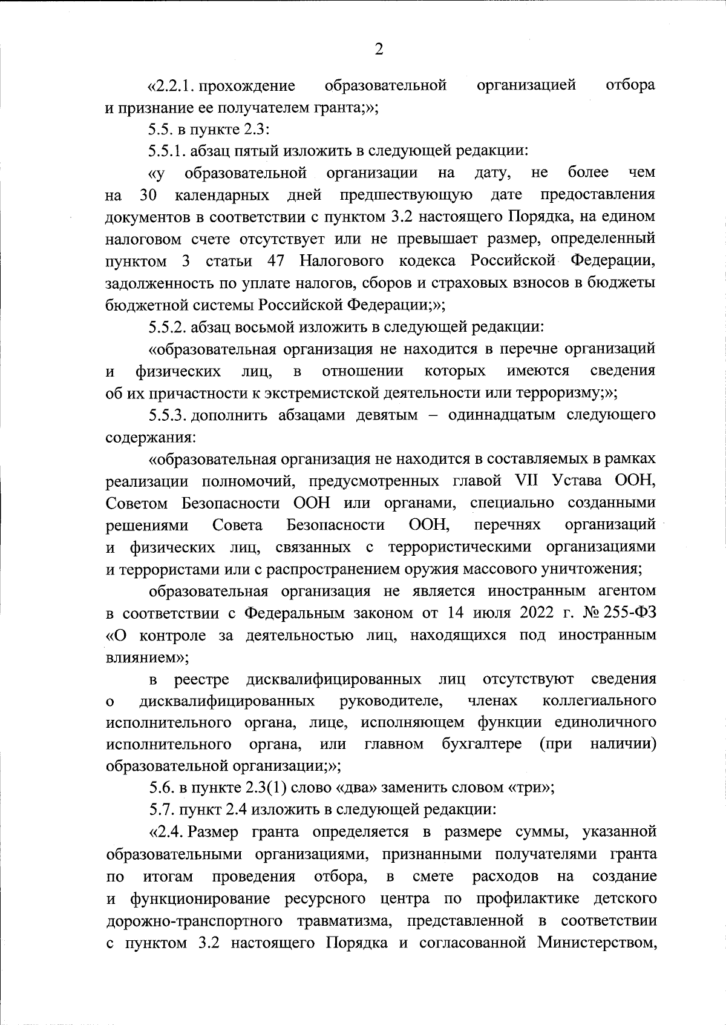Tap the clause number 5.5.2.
tap(168, 328)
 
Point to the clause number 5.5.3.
tap(168, 415)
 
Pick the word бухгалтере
tap(482, 743)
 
